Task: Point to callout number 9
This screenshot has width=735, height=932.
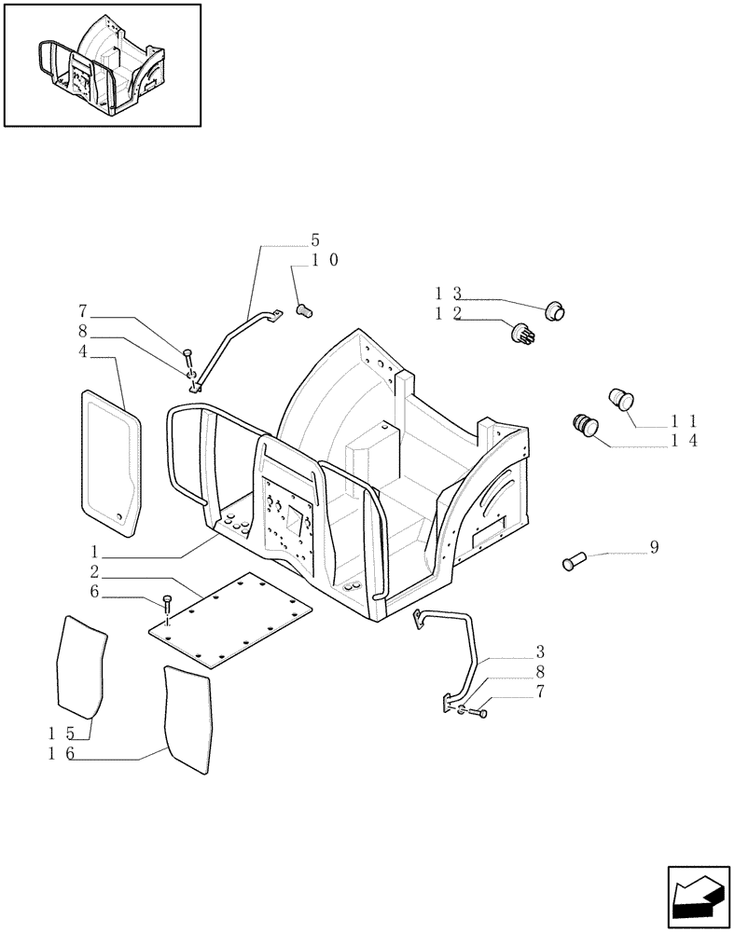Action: [654, 547]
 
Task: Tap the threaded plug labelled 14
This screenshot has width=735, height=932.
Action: [586, 425]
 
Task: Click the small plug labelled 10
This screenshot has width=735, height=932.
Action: [304, 308]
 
